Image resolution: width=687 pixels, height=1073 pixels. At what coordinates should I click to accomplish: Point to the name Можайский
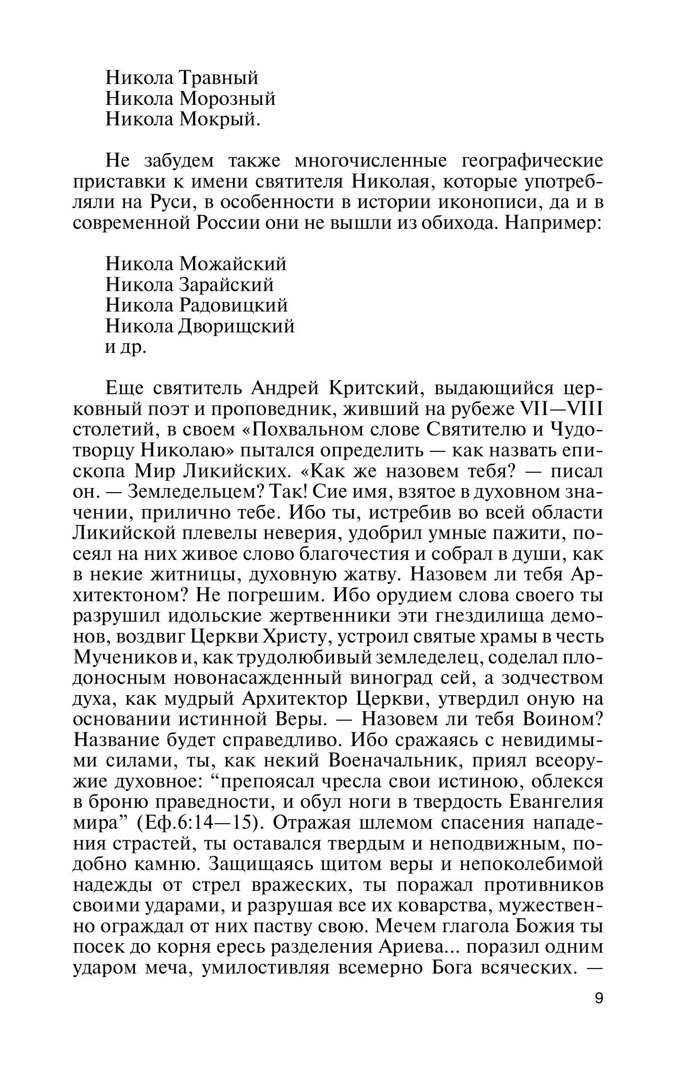(233, 264)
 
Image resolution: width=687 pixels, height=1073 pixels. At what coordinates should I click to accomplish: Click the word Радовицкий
(234, 306)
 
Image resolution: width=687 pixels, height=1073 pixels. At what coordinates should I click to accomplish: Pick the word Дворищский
(237, 326)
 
